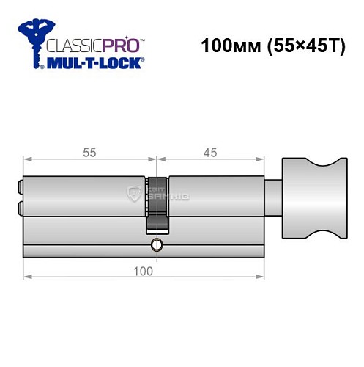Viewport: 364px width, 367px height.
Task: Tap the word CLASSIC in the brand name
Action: (69, 44)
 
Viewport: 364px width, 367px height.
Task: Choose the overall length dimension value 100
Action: (144, 271)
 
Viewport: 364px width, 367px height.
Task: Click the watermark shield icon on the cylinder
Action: (135, 195)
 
